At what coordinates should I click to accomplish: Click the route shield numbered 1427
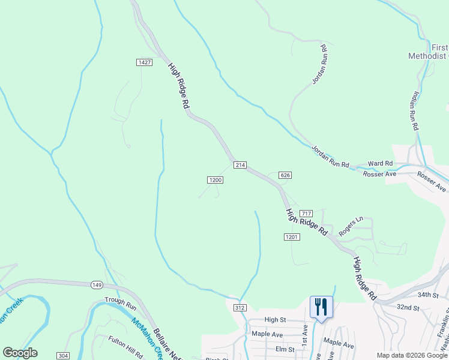[144, 62]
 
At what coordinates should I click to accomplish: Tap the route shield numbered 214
[240, 165]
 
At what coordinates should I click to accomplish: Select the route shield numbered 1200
[215, 179]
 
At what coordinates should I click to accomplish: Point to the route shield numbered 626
[285, 175]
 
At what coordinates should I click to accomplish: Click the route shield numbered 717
[306, 214]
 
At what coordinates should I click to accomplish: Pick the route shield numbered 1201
[292, 237]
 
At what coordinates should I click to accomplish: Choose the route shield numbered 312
[240, 308]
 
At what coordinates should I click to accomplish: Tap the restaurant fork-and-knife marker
[321, 307]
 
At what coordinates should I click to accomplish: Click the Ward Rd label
[380, 163]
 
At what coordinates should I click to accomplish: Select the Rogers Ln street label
[351, 227]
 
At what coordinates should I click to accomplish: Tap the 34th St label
[429, 295]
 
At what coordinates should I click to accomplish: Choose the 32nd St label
[408, 307]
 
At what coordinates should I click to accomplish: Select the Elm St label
[283, 349]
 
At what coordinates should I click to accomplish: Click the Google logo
[20, 353]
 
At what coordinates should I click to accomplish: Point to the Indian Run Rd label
[414, 113]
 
